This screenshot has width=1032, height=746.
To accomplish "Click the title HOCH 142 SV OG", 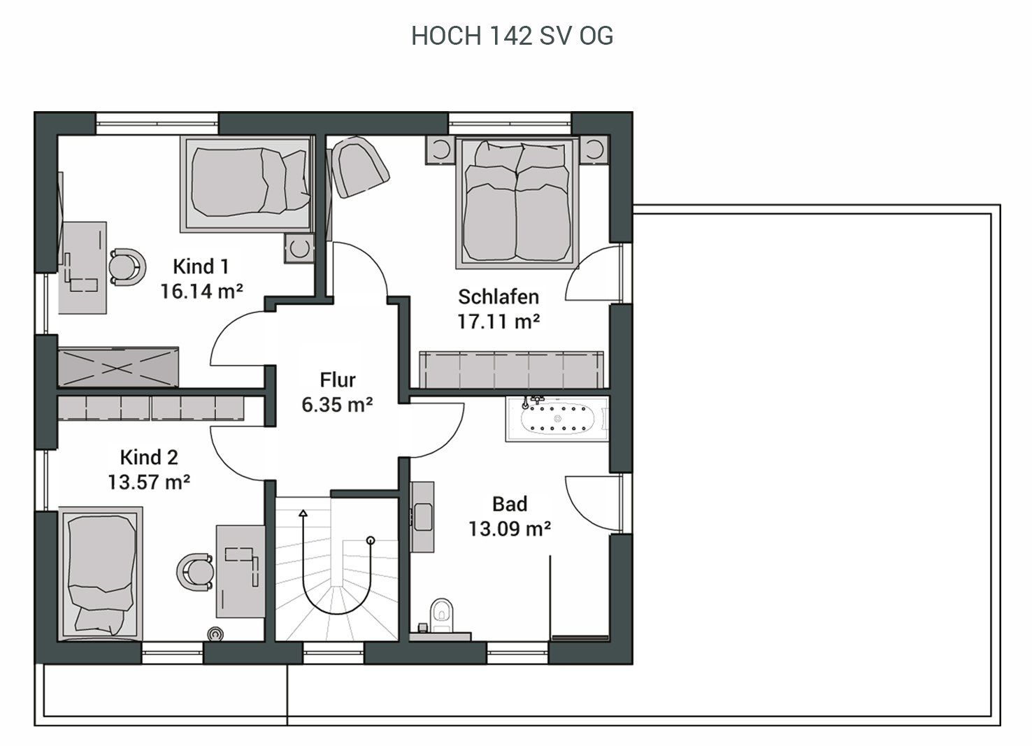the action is pyautogui.click(x=512, y=36).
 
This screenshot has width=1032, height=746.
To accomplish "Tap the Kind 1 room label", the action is pyautogui.click(x=201, y=266).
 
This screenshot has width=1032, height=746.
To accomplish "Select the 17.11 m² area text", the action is pyautogui.click(x=498, y=321).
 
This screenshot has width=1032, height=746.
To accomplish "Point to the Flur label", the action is pyautogui.click(x=338, y=380).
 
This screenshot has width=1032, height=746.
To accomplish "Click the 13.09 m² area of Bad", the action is pyautogui.click(x=510, y=529).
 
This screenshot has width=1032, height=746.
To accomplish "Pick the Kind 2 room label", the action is pyautogui.click(x=149, y=457).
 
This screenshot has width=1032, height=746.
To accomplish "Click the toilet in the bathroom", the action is pyautogui.click(x=441, y=615).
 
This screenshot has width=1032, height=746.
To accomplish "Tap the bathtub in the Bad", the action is pyautogui.click(x=557, y=419).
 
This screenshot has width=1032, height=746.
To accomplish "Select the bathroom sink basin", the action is pyautogui.click(x=423, y=517).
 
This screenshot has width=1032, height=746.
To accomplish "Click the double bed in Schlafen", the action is pyautogui.click(x=517, y=202).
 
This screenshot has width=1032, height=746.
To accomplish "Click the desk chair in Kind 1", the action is pyautogui.click(x=128, y=267).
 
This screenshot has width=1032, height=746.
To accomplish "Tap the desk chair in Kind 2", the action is pyautogui.click(x=195, y=572).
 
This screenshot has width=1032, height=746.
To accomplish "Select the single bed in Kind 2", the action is pyautogui.click(x=101, y=573).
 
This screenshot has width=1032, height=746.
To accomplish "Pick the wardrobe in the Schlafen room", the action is pyautogui.click(x=511, y=370).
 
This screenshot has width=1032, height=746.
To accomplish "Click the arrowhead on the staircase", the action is pyautogui.click(x=303, y=513).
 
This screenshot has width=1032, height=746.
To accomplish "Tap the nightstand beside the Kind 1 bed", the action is pyautogui.click(x=299, y=248).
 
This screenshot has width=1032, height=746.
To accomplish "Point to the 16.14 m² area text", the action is pyautogui.click(x=201, y=292).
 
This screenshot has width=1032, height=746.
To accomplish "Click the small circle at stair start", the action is pyautogui.click(x=371, y=540).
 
